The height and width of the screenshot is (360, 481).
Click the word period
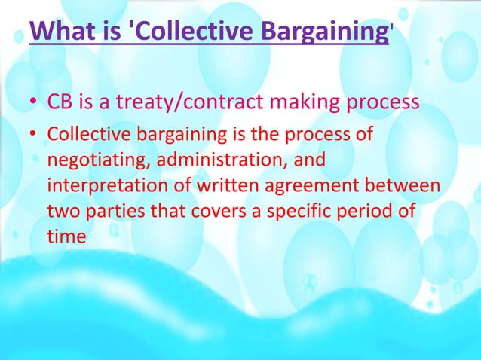tap(380, 212)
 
